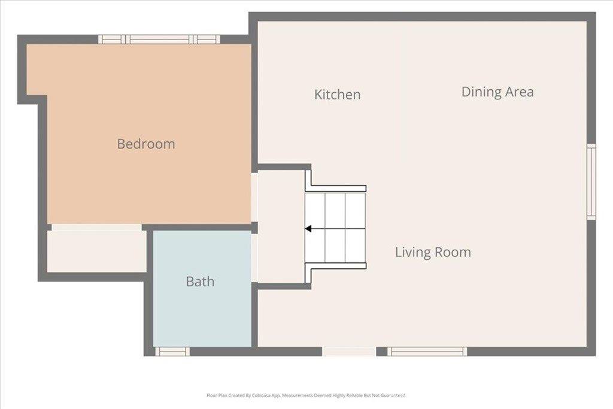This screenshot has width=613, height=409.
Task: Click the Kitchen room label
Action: [x=337, y=95]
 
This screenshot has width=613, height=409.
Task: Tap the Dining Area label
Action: [x=497, y=92]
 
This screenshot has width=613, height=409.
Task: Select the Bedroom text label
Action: [x=145, y=144]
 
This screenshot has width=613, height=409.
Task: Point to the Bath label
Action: [x=200, y=281]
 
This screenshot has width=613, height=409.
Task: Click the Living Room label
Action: [x=433, y=252]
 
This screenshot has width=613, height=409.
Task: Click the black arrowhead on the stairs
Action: [x=308, y=228]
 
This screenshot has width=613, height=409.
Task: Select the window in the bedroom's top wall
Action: [x=159, y=40]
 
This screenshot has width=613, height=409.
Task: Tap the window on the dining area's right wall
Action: [x=591, y=181]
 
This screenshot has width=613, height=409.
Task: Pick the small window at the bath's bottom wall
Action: [x=172, y=352]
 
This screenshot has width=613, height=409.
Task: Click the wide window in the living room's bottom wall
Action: [x=426, y=352]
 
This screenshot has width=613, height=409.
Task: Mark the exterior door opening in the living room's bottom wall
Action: [x=349, y=352]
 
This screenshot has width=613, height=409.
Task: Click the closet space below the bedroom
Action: [x=96, y=251]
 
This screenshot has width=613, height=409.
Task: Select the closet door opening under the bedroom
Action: [x=96, y=228]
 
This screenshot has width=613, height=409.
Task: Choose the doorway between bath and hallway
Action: [x=254, y=257]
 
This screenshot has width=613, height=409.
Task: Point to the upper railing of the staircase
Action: [x=335, y=188]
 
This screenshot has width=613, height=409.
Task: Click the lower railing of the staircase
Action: [x=335, y=265]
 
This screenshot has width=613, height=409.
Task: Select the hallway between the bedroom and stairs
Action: [x=280, y=228]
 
